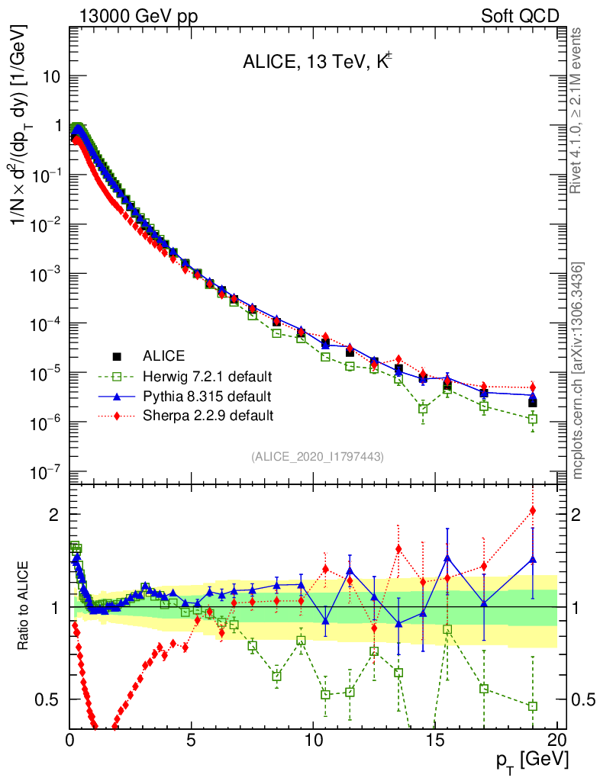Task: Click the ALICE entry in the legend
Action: tap(165, 355)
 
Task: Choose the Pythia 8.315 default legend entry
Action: tap(207, 396)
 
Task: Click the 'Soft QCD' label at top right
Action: tap(520, 15)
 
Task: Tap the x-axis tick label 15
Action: tap(435, 740)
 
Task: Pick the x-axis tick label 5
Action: tap(192, 740)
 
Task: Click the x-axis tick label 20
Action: tap(556, 740)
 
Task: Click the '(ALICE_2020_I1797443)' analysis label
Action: tap(317, 456)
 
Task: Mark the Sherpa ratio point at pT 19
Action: tap(532, 510)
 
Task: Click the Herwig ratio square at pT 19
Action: tap(532, 705)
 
